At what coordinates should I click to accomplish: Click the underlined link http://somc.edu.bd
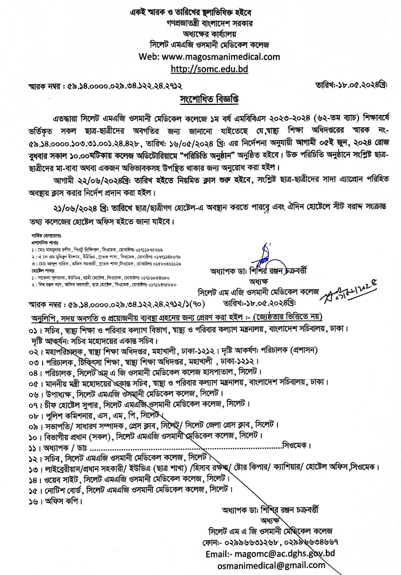[209, 69]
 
